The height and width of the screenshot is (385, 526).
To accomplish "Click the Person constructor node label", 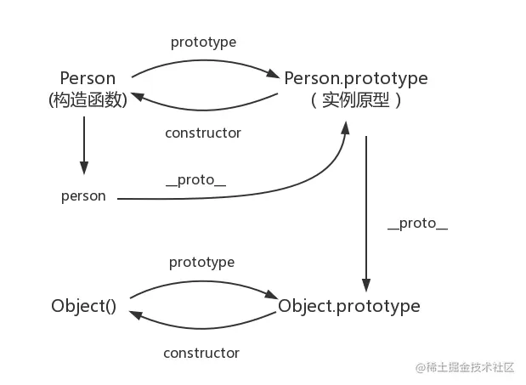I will [x=88, y=78].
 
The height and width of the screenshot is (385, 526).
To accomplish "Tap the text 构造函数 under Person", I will [x=88, y=99].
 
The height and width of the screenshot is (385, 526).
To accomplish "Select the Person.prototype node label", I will [x=355, y=78].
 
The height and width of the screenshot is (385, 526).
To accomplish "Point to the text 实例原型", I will [x=355, y=99].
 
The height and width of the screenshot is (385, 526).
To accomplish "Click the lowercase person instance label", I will [x=83, y=195].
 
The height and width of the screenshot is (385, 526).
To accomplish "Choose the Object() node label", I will [x=83, y=306].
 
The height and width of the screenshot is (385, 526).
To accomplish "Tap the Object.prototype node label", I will [x=349, y=306].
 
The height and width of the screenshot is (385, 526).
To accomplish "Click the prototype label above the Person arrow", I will [x=203, y=42].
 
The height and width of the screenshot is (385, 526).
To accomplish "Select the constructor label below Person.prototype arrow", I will [x=203, y=133].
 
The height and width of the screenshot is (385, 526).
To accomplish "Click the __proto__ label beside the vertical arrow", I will [x=416, y=224].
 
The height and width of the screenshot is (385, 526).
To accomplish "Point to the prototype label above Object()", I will [x=201, y=263].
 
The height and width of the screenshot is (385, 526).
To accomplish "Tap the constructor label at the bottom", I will [x=201, y=352].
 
